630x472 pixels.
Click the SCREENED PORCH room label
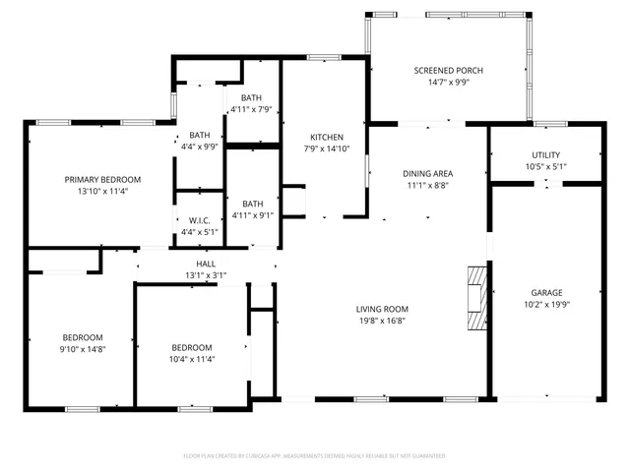click(448, 70)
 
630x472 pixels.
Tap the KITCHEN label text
click(326, 137)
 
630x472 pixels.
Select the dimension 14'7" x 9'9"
click(448, 83)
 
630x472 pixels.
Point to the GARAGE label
click(546, 292)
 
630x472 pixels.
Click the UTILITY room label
click(546, 155)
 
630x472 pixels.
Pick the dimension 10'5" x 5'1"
click(546, 167)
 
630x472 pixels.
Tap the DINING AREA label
click(430, 173)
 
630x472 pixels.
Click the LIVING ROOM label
click(382, 309)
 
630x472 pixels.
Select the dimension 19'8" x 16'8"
click(382, 321)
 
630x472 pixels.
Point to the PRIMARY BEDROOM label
click(102, 179)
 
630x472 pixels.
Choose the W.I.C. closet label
click(200, 220)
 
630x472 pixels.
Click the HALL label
click(206, 264)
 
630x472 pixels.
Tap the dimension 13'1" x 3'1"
click(206, 275)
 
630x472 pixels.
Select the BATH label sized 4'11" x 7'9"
click(252, 97)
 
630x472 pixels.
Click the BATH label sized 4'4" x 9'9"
click(200, 135)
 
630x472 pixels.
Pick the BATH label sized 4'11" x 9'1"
click(252, 204)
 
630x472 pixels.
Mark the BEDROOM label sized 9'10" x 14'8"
click(82, 336)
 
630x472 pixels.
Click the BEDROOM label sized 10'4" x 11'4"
click(192, 347)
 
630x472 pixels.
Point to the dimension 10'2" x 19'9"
click(546, 304)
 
